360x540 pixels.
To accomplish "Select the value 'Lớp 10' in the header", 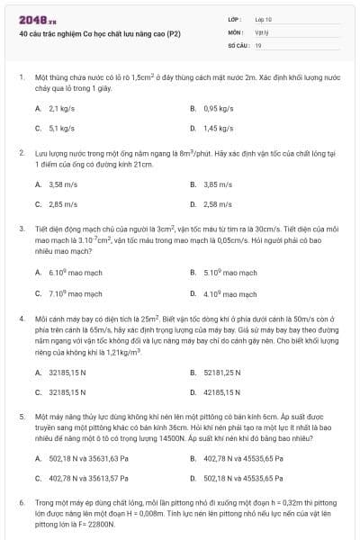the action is (264, 19).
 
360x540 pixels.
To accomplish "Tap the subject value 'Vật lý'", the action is (262, 31).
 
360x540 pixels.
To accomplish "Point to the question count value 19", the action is (258, 44).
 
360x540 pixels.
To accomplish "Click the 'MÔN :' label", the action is (236, 31).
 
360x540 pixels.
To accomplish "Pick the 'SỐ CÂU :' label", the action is (238, 44).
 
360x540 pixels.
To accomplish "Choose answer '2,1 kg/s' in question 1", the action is (60, 108).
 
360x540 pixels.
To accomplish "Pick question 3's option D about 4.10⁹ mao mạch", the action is (224, 292).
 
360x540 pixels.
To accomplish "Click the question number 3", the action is (21, 229).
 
